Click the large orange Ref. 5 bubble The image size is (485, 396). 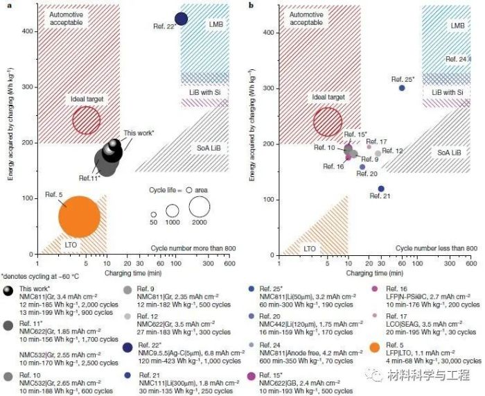coord(80,216)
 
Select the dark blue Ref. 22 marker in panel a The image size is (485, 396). coord(182,19)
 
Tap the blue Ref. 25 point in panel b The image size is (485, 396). coord(402,88)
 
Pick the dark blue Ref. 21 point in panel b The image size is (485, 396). coord(381,189)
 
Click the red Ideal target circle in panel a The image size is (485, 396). coord(87,120)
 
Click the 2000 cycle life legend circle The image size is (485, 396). coord(200,206)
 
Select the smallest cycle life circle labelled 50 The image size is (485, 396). coord(153,214)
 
